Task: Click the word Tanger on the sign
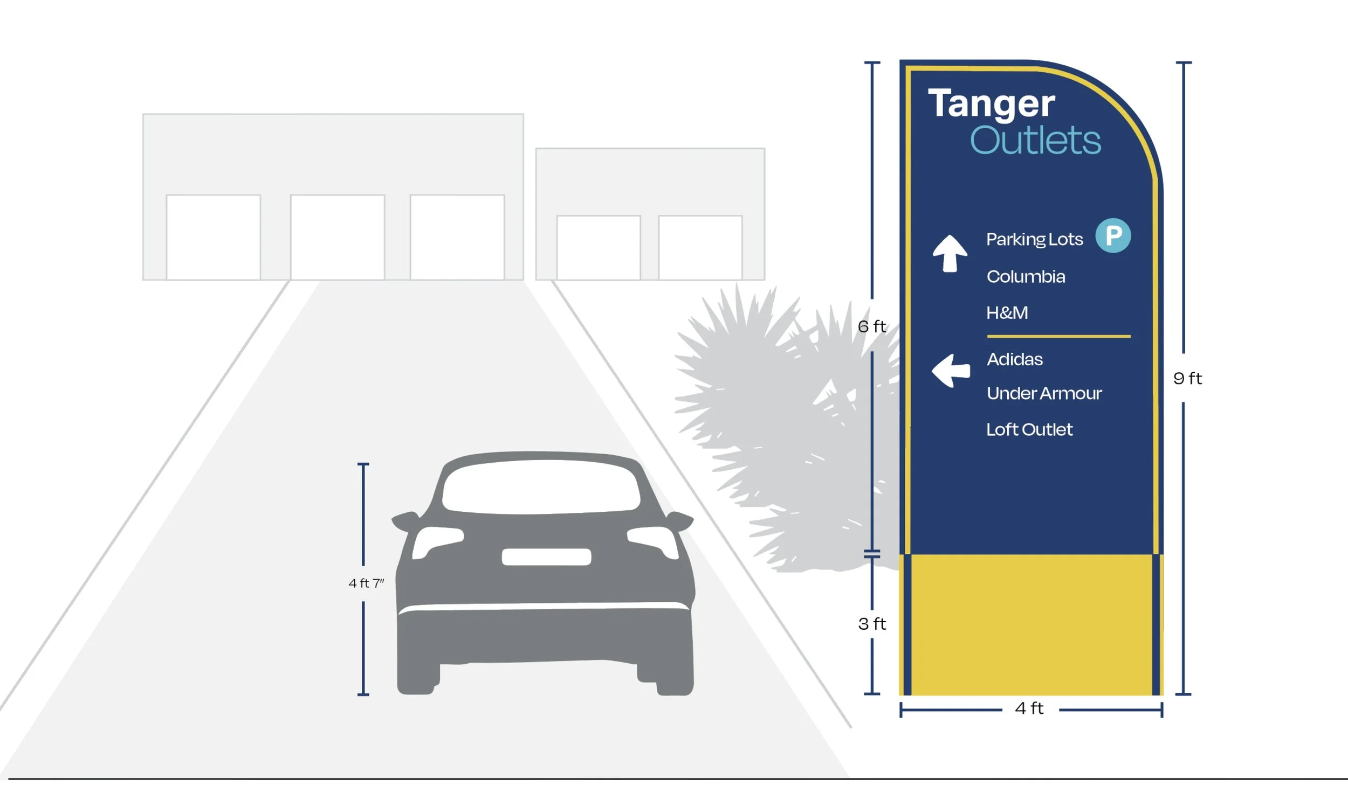tap(991, 104)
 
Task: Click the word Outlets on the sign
tap(1035, 141)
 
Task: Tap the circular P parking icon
tap(1113, 235)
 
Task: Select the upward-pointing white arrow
tap(950, 253)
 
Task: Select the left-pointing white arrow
tap(951, 370)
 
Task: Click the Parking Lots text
tap(1034, 239)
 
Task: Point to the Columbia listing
tap(1026, 276)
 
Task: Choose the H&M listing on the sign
tap(1007, 312)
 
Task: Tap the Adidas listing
tap(1014, 359)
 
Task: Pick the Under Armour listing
tap(1044, 393)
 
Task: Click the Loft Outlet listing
tap(1029, 430)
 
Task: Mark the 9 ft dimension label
tap(1187, 378)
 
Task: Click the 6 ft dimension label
tap(871, 326)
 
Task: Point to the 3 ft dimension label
tap(872, 624)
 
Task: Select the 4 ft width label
tap(1029, 708)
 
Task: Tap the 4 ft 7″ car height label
tap(366, 583)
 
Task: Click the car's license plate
tap(546, 557)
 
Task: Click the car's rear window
tap(541, 486)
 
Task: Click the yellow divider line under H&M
tap(1058, 336)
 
